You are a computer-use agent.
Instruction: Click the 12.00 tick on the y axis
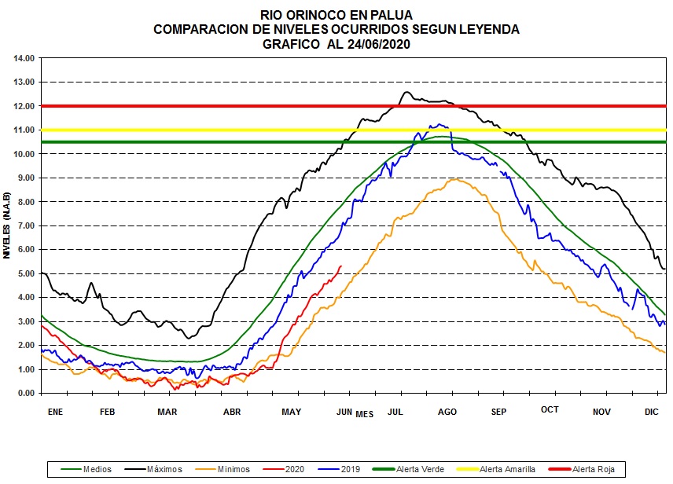24,106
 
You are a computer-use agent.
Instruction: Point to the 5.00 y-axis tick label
25,273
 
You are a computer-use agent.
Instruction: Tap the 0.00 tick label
25,393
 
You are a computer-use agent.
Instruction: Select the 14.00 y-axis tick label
24,58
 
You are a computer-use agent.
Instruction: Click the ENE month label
55,411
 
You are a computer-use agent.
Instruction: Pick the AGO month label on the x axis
447,411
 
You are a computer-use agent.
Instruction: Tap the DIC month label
652,411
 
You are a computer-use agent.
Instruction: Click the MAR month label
167,411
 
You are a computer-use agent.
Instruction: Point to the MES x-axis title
364,413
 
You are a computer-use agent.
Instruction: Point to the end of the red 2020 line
341,266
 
